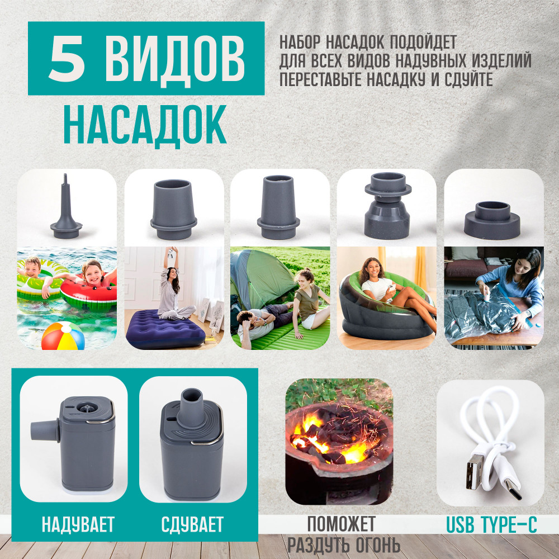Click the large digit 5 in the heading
point(67,59)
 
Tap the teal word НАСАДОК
point(145,125)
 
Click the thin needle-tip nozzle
point(66,206)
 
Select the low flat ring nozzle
point(492,220)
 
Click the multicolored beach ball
point(63,336)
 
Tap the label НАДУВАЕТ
point(78,524)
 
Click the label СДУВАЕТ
point(192,524)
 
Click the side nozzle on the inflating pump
point(45,430)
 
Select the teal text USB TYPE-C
point(491,524)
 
